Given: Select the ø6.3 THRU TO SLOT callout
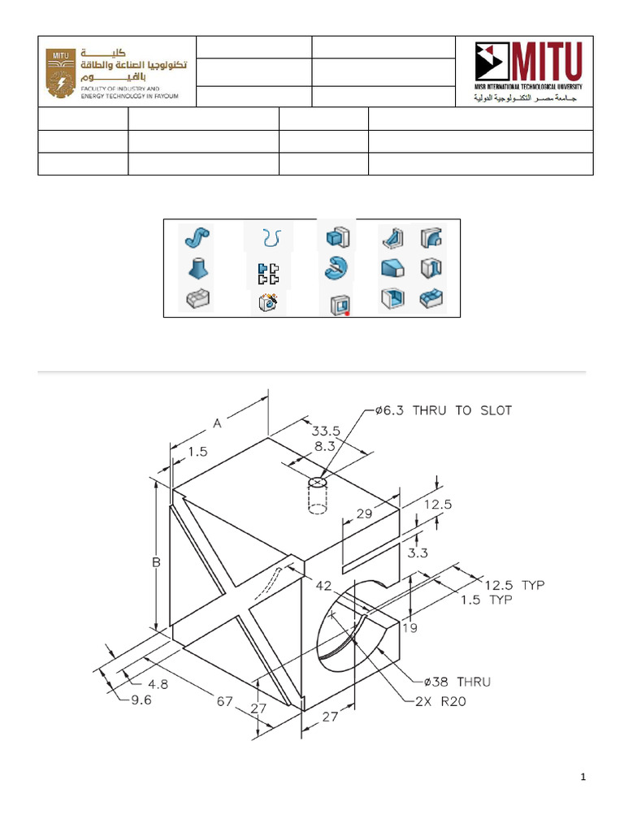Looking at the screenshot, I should [444, 410].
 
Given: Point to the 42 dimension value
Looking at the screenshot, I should [323, 585].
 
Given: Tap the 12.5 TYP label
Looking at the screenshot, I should [513, 584].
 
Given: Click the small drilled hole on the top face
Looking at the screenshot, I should [318, 483].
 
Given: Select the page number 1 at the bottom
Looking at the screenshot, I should [583, 778].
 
